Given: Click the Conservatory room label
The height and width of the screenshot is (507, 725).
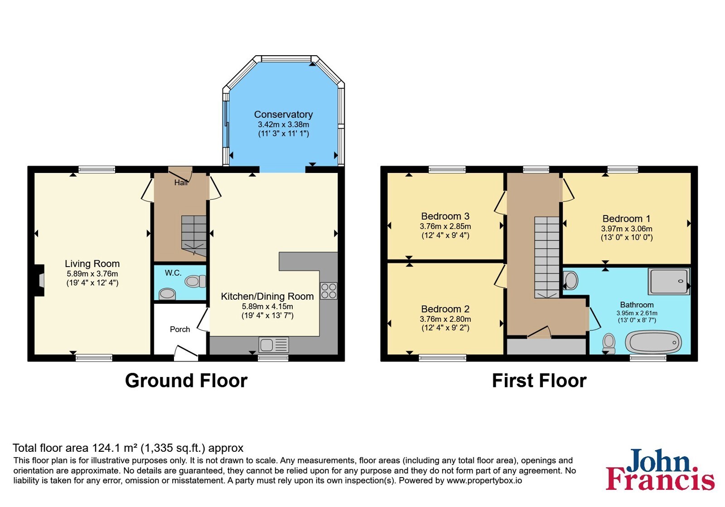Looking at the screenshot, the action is click(x=283, y=115).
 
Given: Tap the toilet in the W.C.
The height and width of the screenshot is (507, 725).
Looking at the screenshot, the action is click(x=195, y=281).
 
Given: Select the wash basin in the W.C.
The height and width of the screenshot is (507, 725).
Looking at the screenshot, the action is click(x=167, y=294).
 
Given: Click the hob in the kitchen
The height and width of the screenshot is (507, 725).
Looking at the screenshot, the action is click(x=329, y=291).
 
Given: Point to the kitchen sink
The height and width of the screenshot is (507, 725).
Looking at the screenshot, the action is click(x=274, y=344).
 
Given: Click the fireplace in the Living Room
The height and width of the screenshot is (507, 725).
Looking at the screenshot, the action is click(x=39, y=280).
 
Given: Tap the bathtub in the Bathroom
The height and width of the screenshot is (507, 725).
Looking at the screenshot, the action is click(x=653, y=342).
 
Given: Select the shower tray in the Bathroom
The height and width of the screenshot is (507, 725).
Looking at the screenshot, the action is click(x=669, y=281).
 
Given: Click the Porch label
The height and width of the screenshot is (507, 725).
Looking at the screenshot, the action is click(x=180, y=329).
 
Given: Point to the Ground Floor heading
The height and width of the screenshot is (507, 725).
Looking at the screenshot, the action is click(x=186, y=381).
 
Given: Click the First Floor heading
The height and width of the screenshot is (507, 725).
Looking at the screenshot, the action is click(x=539, y=381).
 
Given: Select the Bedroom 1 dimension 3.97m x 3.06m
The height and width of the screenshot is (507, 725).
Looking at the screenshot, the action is click(x=627, y=229).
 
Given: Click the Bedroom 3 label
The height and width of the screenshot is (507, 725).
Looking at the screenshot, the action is click(x=445, y=216).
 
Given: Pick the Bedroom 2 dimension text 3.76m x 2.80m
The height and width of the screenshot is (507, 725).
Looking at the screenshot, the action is click(x=445, y=319).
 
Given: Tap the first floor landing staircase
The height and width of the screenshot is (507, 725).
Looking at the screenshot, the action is click(x=546, y=257).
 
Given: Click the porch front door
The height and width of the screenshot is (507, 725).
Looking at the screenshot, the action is click(x=186, y=353).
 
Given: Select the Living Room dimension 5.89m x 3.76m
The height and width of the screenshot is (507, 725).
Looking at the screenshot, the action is click(x=92, y=273).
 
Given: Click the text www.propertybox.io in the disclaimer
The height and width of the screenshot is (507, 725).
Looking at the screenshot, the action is click(x=484, y=480).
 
